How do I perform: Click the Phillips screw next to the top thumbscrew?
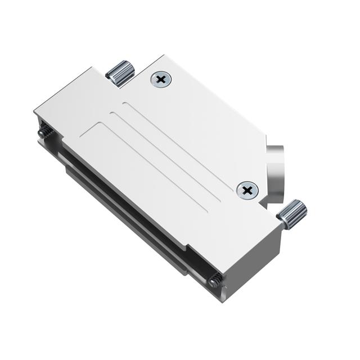coord(161,80)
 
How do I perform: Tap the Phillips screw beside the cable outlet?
coord(247,190)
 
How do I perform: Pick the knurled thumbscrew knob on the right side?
coord(293,215)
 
